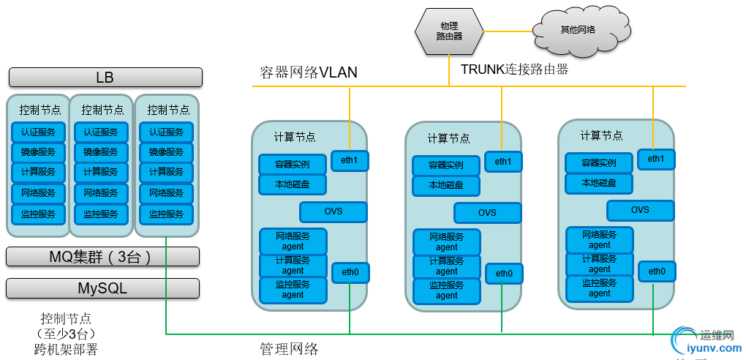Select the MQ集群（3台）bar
pos(102,257)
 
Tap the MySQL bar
pos(102,288)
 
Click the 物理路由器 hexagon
pos(449,31)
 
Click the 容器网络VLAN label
pos(309,72)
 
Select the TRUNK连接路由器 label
pos(514,70)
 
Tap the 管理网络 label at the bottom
pos(289,349)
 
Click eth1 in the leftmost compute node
pos(350,160)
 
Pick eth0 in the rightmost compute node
pos(656,271)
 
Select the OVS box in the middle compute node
pos(487,213)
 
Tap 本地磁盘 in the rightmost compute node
pos(599,183)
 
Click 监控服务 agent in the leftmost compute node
pos(293,289)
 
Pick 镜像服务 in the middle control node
pos(101,153)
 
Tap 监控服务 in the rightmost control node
pos(166,214)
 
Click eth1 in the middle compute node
pos(502,161)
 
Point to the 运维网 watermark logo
pos(706,342)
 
